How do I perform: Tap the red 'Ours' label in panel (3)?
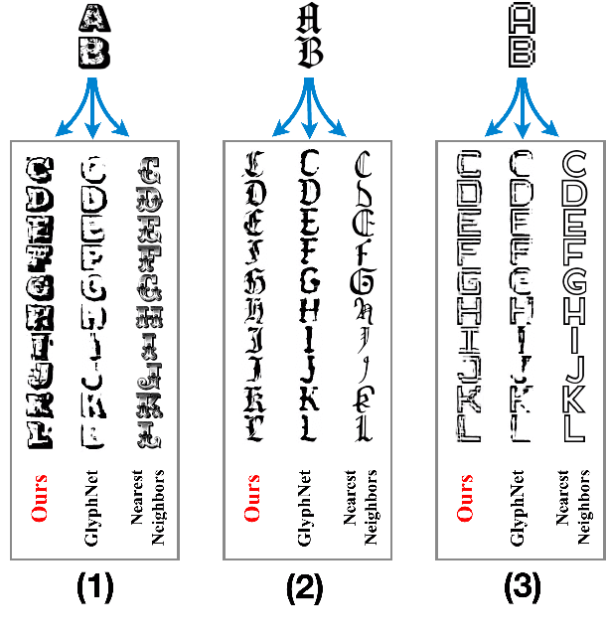click(x=467, y=497)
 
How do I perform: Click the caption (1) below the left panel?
click(x=95, y=589)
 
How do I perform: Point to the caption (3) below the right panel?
click(x=521, y=589)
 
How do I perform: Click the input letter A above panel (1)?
click(x=93, y=19)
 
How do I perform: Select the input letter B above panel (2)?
click(x=311, y=53)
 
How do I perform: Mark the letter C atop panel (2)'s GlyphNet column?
click(x=310, y=161)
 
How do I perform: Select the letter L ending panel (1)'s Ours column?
click(x=41, y=434)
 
